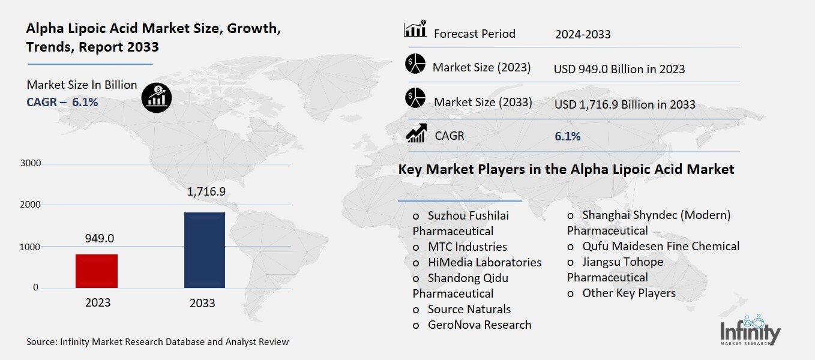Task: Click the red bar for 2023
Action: tap(97, 271)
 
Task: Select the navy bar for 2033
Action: tap(205, 250)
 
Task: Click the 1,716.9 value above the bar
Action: tap(205, 193)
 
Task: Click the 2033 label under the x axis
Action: tap(202, 303)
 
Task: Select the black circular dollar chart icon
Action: tap(157, 97)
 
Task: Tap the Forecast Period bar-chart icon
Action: tap(415, 29)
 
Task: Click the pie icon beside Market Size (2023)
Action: tap(415, 64)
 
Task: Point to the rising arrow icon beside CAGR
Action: tap(416, 133)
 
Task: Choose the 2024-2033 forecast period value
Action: tap(583, 34)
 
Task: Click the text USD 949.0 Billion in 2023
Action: tap(619, 69)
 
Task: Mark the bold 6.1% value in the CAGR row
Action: tap(567, 136)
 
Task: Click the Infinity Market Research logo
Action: tap(750, 331)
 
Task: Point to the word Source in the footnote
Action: tap(41, 342)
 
